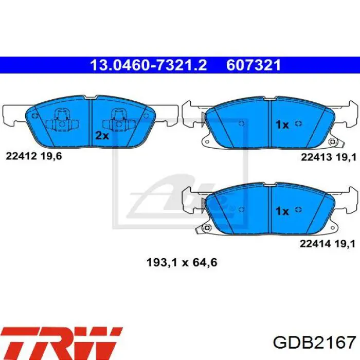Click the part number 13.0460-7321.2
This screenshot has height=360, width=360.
click(x=149, y=65)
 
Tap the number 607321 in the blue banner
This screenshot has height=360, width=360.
click(x=254, y=65)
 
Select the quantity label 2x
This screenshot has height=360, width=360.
click(x=102, y=135)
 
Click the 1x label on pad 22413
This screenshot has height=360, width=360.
click(x=282, y=124)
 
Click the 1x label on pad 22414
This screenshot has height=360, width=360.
click(x=282, y=211)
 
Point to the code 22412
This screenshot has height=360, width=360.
click(x=21, y=156)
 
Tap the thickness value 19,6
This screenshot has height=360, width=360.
click(x=51, y=156)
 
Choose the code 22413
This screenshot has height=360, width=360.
click(x=316, y=157)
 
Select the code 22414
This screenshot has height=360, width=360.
click(x=315, y=244)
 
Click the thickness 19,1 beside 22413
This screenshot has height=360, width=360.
click(x=346, y=157)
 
